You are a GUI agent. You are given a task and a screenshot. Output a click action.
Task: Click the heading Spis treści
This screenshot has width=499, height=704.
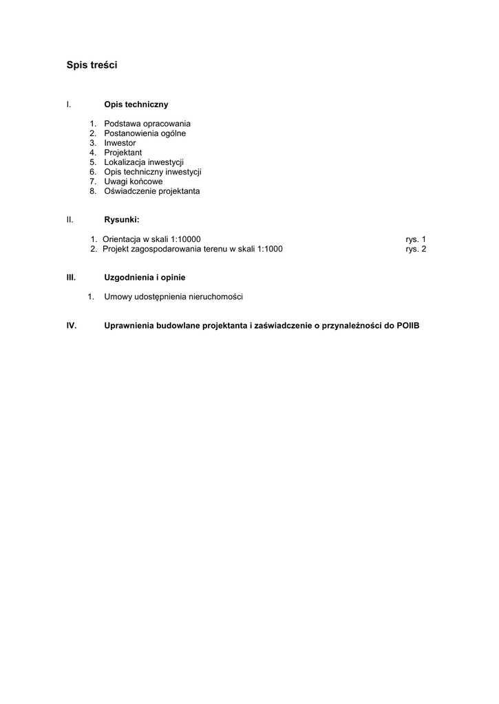(x=92, y=65)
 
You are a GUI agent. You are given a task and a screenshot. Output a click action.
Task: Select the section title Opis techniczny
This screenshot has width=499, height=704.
(x=136, y=104)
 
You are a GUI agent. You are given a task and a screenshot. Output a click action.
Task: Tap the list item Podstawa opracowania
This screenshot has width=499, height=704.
(x=147, y=124)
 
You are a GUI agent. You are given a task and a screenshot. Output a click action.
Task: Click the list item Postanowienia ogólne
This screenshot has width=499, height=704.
(x=145, y=133)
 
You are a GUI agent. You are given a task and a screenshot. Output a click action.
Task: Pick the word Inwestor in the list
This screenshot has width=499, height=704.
(x=120, y=143)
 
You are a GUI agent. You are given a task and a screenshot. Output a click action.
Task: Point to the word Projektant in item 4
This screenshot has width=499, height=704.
(x=123, y=153)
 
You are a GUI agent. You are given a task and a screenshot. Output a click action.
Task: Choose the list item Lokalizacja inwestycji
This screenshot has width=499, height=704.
(x=144, y=162)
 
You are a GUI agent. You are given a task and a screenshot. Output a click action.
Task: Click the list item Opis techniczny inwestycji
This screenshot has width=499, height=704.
(x=152, y=172)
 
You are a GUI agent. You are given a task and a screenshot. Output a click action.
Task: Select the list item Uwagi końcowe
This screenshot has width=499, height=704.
(x=134, y=181)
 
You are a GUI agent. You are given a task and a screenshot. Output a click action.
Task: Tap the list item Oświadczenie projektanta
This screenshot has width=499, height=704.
(x=151, y=191)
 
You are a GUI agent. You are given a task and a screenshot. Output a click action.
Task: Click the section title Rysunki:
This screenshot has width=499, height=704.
(x=121, y=219)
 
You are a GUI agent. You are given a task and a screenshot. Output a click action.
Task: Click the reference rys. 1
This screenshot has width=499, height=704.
(x=416, y=239)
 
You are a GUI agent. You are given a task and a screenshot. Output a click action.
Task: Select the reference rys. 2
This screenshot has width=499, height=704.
(x=416, y=249)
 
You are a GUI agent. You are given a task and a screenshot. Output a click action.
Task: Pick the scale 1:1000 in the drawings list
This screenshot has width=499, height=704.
(x=270, y=249)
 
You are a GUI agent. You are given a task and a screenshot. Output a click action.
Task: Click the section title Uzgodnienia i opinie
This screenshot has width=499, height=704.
(x=145, y=277)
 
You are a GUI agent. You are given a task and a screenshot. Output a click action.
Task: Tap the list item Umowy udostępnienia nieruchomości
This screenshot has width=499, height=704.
(x=173, y=297)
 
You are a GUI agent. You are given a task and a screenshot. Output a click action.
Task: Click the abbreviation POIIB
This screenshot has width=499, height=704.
(x=407, y=325)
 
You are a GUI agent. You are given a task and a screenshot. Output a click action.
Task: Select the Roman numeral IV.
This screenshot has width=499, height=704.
(x=71, y=325)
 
